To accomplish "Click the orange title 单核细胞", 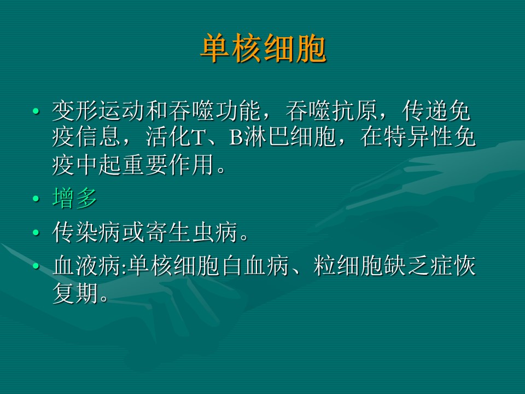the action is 263,48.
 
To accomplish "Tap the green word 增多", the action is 75,198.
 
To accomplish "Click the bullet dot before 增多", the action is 36,199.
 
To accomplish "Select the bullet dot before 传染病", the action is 36,233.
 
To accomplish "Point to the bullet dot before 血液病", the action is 36,266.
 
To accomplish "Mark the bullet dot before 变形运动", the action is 36,111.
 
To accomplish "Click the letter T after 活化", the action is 198,138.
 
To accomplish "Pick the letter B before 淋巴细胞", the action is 236,138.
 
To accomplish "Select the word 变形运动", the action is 98,111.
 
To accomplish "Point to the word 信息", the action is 98,137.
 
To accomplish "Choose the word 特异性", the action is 418,137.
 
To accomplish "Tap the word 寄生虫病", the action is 191,232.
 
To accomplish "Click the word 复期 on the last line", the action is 75,293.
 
